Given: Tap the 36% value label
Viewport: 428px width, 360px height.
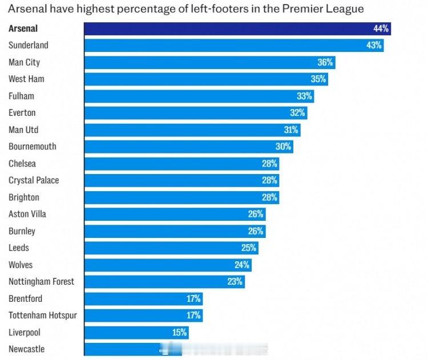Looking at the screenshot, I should coord(325,62).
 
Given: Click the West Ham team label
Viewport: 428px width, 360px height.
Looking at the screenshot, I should coord(26,79).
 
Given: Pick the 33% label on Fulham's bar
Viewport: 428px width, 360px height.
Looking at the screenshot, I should coord(304,96).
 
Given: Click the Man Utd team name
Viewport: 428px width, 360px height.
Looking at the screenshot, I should coord(23,130).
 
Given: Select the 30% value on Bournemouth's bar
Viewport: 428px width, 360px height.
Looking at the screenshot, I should coord(284,147).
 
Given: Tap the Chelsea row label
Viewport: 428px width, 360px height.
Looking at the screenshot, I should coord(22,164).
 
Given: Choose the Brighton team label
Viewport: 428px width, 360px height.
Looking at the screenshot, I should coord(24,197).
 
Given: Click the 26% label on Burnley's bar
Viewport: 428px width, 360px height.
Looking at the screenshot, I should coord(256,231).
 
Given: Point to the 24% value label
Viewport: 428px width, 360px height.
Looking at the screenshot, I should coord(242,265).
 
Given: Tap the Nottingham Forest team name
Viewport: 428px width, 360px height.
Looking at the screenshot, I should coord(41,281).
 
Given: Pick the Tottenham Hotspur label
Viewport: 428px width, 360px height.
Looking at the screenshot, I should coord(43,315).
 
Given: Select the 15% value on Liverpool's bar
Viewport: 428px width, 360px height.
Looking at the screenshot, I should coord(180,332).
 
